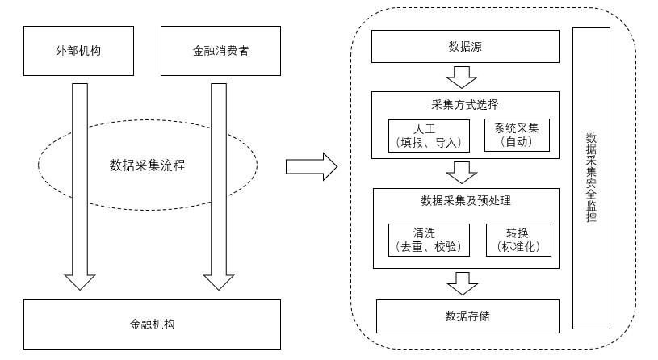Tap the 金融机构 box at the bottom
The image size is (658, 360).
coord(153,324)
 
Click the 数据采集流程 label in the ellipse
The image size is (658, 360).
coord(148,166)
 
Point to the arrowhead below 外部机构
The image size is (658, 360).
coord(80,281)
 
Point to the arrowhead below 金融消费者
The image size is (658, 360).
coord(218,281)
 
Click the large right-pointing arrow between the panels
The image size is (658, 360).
coord(311,167)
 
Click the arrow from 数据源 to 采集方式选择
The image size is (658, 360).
coord(463,77)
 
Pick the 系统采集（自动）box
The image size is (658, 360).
coord(517,135)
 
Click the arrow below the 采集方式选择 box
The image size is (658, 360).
coord(463,172)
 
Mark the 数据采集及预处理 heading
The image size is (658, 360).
coord(466,200)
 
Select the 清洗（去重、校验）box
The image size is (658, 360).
coord(429,240)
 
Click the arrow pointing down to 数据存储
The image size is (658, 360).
coord(463,283)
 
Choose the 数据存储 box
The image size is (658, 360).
coord(467,315)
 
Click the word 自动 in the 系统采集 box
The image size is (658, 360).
coord(517,142)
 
